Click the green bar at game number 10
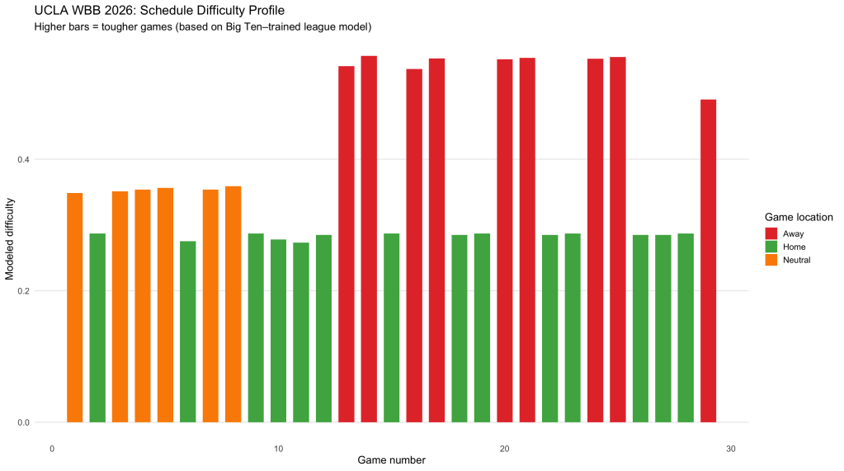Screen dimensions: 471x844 pos(278,331)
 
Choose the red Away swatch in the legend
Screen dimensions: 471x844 pos(772,233)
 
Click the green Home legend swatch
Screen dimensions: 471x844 pos(772,247)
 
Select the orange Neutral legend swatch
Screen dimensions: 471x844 pos(772,260)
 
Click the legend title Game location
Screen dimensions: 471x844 pos(794,216)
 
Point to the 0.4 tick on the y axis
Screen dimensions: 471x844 pos(33,159)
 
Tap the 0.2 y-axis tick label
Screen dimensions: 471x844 pos(33,291)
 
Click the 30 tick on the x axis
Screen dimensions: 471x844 pos(730,449)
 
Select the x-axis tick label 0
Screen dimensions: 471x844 pos(52,449)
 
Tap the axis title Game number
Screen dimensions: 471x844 pos(391,460)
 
